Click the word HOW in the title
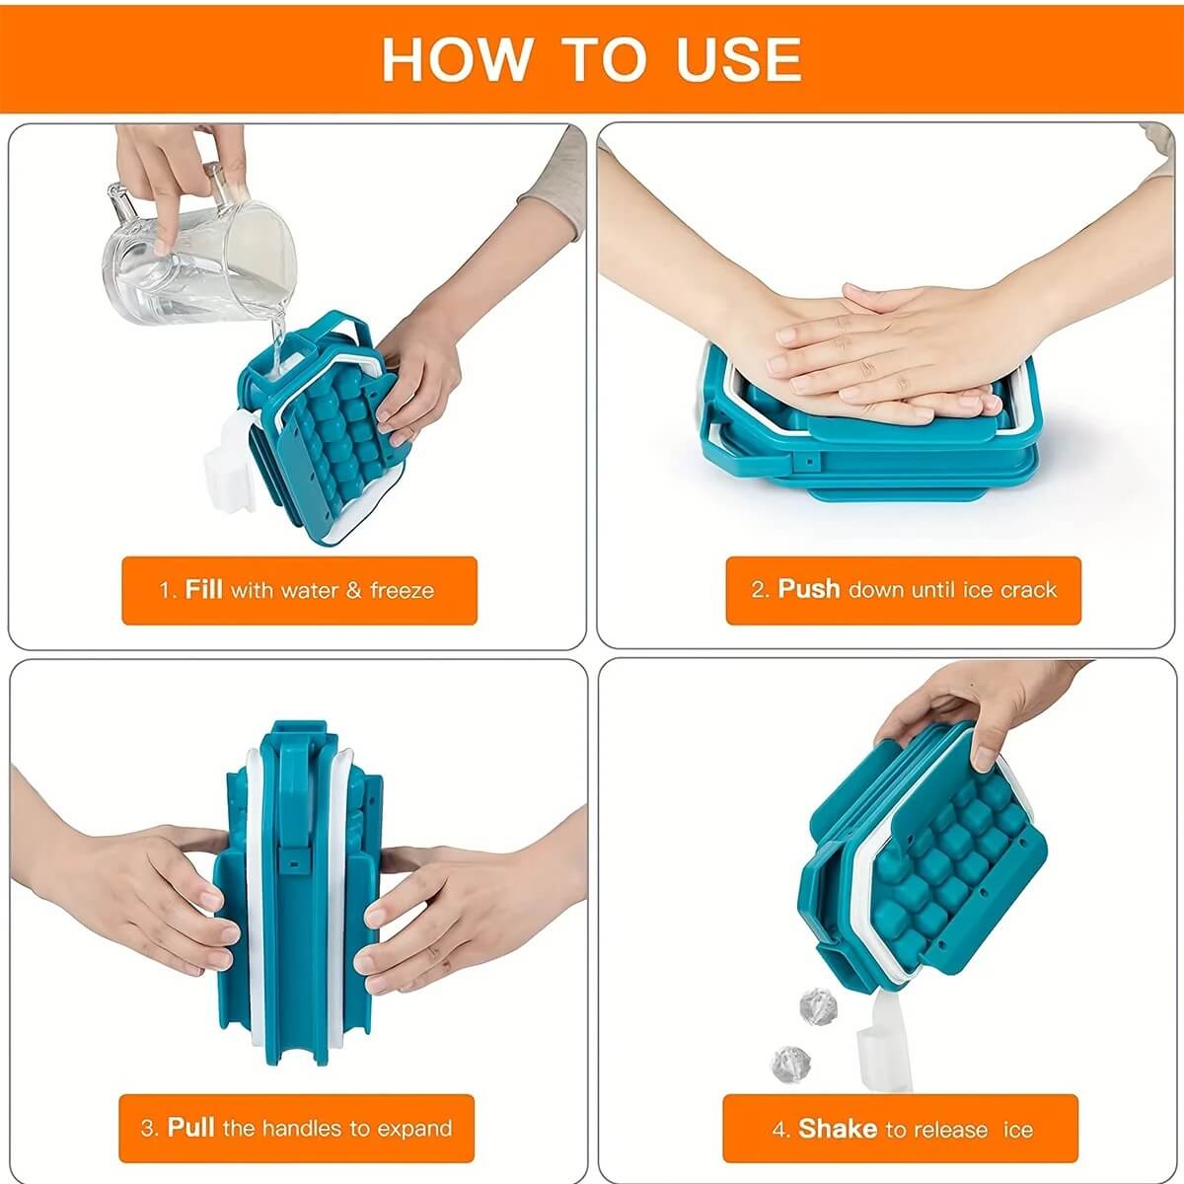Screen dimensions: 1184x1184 tap(457, 59)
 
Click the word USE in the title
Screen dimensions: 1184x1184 tap(739, 59)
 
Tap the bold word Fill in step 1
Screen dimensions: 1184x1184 tap(203, 589)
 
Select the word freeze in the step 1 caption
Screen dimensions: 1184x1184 tap(402, 590)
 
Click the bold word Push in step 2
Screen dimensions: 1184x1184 tap(809, 589)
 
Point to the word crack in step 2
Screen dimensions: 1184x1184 tap(1028, 590)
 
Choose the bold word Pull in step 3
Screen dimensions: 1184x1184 tap(191, 1128)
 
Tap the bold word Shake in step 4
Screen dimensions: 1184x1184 tap(838, 1128)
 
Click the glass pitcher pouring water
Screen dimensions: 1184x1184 tap(198, 245)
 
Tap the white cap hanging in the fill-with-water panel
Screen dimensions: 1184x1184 tap(229, 462)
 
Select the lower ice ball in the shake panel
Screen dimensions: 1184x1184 tap(790, 1065)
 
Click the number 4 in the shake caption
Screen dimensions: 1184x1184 tap(778, 1130)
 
